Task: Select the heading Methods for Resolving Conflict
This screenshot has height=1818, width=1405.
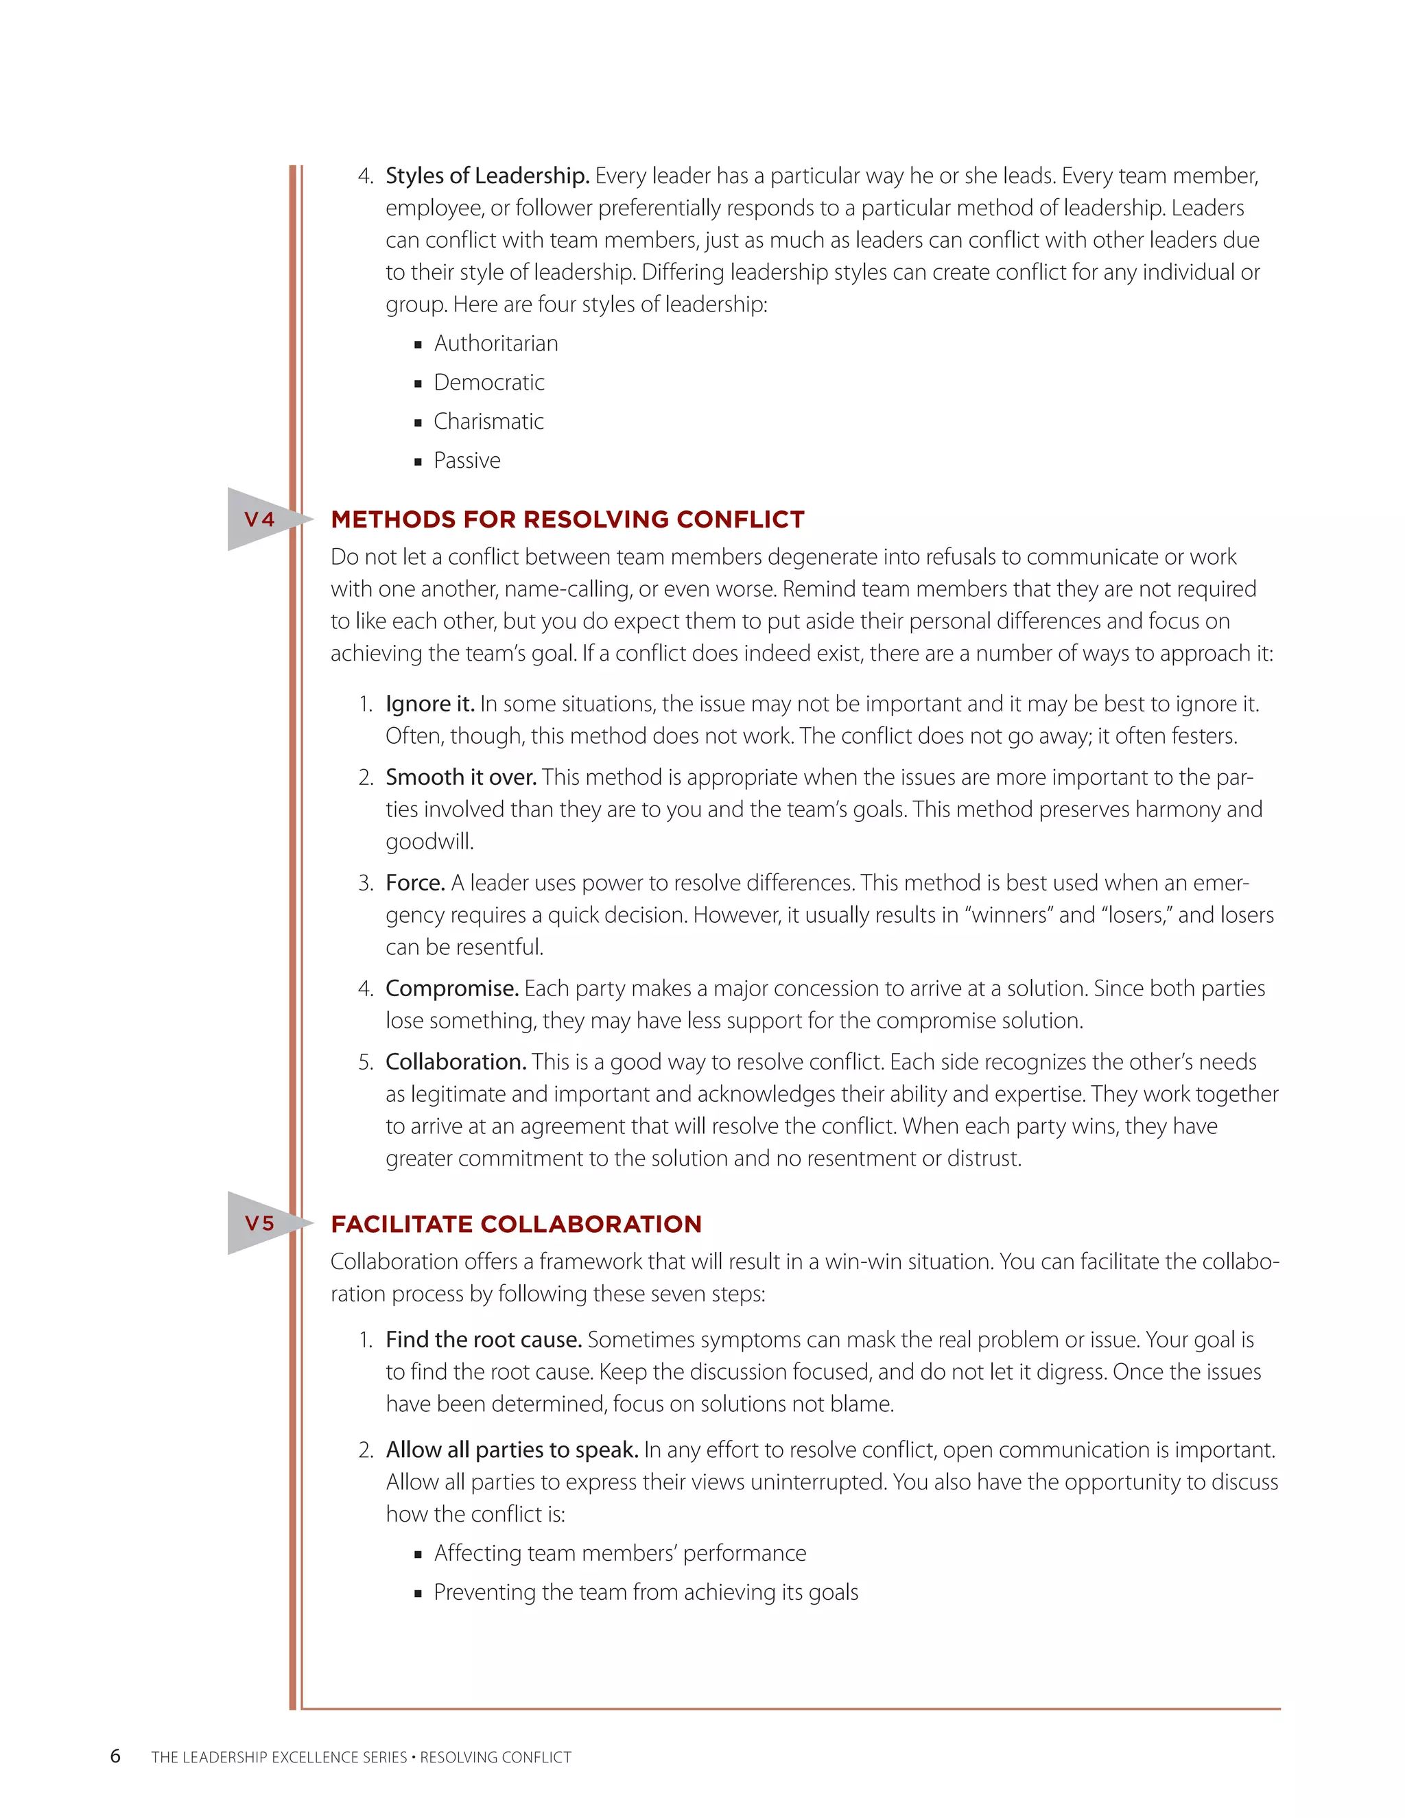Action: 567,519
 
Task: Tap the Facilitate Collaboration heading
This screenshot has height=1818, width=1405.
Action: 515,1224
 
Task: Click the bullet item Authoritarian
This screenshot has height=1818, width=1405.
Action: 495,343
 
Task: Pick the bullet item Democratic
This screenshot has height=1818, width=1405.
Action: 488,382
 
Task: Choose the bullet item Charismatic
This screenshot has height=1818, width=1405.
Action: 488,421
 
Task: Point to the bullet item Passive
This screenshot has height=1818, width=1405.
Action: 467,460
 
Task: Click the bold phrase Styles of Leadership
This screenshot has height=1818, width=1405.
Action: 487,176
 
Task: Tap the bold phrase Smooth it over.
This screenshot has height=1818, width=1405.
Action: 460,777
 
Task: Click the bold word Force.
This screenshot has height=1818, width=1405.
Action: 414,882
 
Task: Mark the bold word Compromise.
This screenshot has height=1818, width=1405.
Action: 452,988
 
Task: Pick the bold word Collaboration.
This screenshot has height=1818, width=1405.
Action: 456,1061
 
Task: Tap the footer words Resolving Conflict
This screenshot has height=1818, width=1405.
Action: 495,1757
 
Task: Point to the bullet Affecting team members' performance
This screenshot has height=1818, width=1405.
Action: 619,1553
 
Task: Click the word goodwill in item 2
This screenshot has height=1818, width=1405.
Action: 429,842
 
